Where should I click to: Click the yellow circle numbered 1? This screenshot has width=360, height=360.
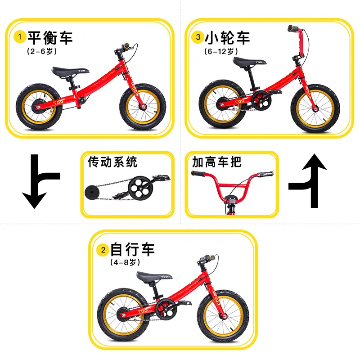(20, 36)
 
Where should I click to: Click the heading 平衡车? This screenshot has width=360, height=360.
(50, 37)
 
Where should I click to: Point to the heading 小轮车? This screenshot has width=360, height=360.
(228, 37)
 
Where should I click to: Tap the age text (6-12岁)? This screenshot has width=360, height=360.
(220, 51)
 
